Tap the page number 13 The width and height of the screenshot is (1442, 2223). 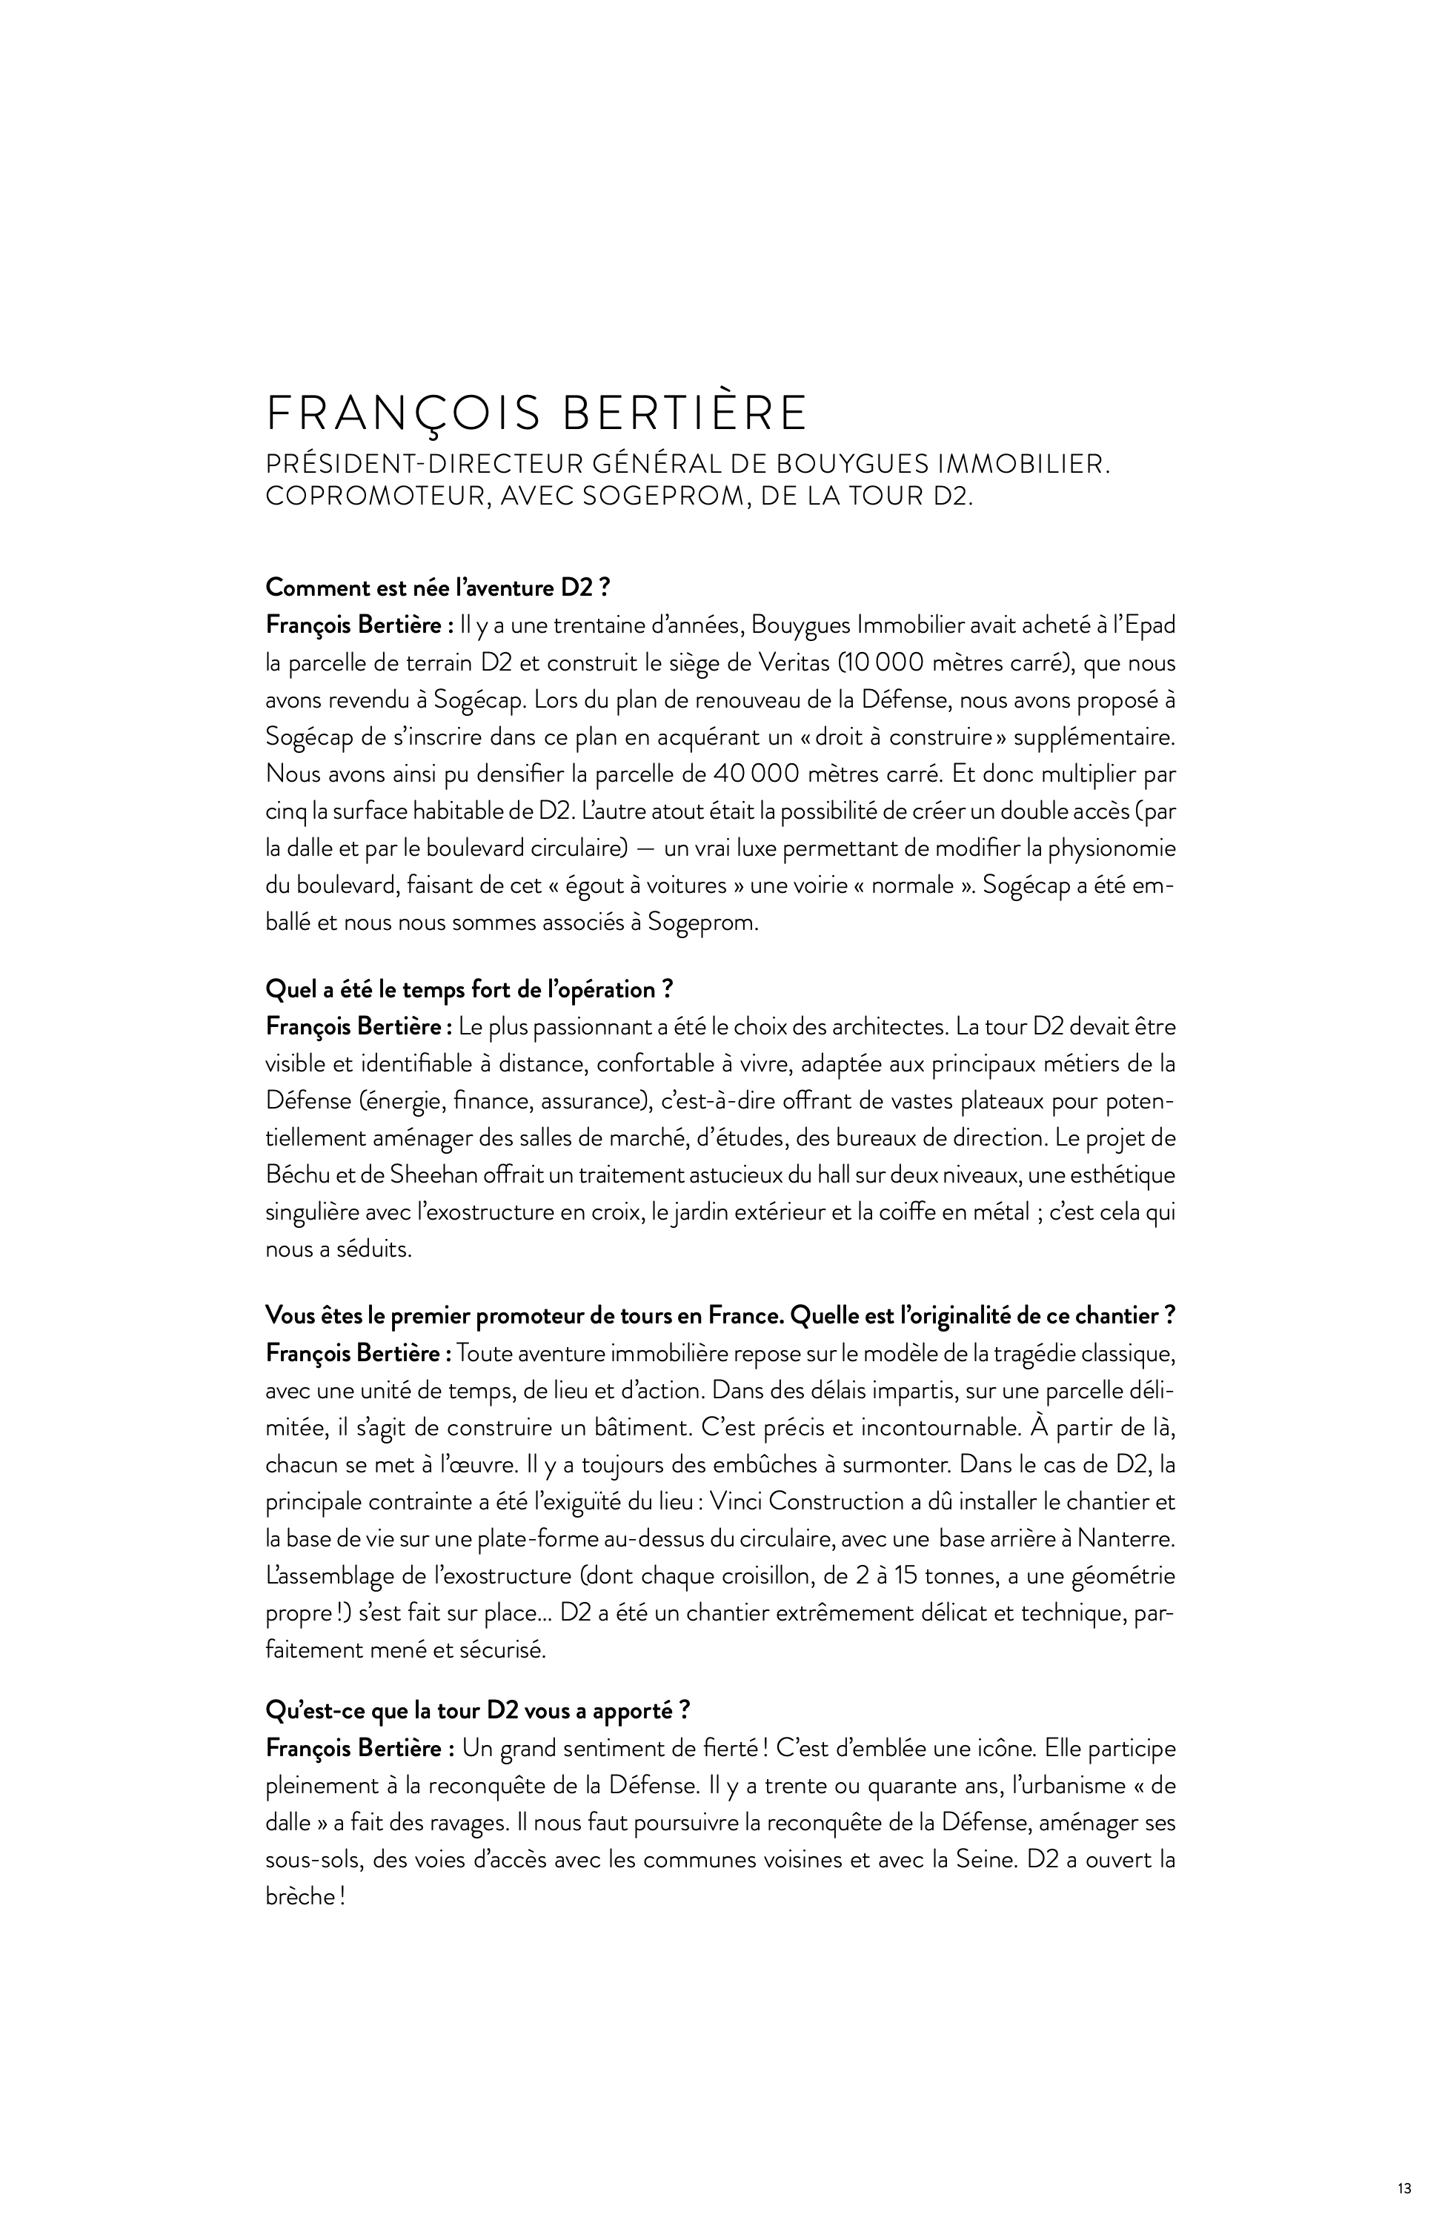click(1405, 2181)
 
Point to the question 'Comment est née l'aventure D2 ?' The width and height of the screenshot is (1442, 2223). click(437, 588)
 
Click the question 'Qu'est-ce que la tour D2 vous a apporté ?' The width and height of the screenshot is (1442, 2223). click(477, 1710)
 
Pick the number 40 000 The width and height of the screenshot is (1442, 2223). click(753, 774)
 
